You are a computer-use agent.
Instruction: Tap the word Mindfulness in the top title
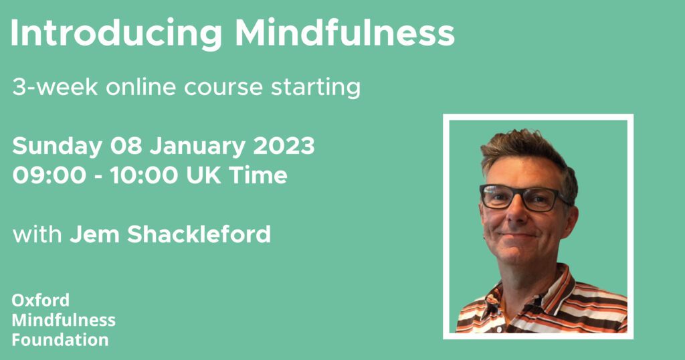(345, 33)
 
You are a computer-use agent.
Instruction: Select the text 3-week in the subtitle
(55, 88)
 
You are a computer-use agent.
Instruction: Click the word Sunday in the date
(58, 147)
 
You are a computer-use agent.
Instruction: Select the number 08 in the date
(126, 145)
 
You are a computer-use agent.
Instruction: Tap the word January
(197, 147)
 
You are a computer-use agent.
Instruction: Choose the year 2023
(284, 145)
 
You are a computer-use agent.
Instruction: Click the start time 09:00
(50, 175)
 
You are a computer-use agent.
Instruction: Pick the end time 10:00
(144, 175)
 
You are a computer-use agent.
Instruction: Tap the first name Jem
(94, 234)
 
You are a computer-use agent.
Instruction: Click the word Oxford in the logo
(41, 300)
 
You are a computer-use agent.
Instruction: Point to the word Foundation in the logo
(60, 339)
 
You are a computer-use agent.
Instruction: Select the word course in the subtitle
(223, 88)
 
